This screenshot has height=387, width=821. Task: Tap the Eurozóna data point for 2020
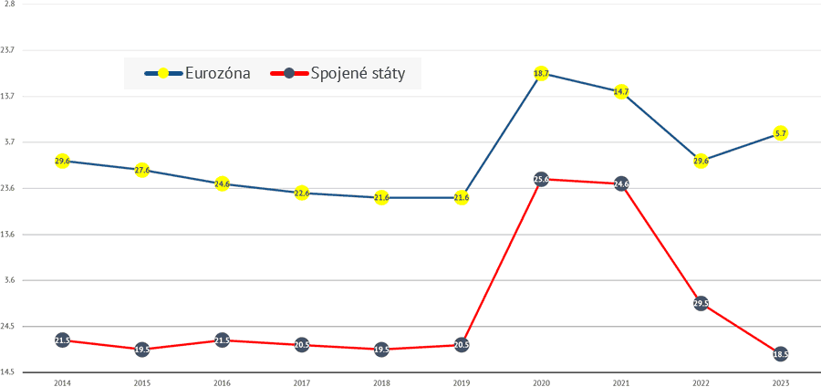[x=541, y=73]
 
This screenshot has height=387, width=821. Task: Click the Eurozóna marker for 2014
[x=62, y=161]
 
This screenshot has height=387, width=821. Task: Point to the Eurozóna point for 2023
[x=780, y=133]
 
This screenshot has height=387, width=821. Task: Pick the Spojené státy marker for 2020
[x=541, y=180]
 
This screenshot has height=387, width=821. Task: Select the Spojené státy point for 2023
[x=780, y=354]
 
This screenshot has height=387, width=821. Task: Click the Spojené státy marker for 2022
[x=701, y=304]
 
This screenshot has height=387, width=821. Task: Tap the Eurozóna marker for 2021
[x=621, y=92]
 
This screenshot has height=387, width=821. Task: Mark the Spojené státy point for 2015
[x=142, y=350]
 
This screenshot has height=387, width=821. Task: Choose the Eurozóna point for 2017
[x=302, y=193]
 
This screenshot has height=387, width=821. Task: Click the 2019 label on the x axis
[x=461, y=381]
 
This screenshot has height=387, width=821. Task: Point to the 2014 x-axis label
[x=62, y=381]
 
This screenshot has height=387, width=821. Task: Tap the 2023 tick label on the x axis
[x=780, y=381]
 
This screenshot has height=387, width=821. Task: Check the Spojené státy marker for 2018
[x=381, y=350]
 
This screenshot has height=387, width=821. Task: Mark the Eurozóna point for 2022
[x=701, y=161]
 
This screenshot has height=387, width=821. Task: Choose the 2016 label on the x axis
[x=222, y=381]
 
